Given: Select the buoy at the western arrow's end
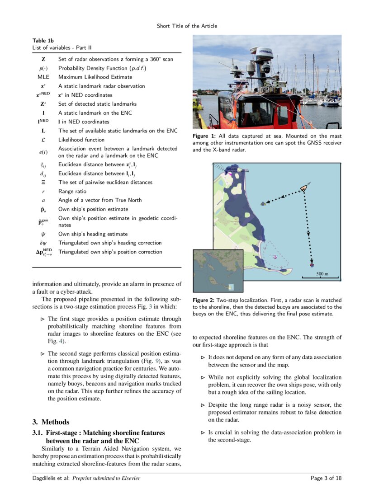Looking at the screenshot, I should (262, 203).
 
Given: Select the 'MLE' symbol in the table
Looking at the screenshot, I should (43, 77).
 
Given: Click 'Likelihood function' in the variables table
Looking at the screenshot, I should (81, 140).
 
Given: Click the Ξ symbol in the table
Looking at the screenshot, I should (43, 182).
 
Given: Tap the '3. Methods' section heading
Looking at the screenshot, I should (51, 422).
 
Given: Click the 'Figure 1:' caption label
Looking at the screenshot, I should (204, 136).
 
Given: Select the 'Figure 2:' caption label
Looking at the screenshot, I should (204, 300).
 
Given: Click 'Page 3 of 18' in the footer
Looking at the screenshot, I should (326, 478).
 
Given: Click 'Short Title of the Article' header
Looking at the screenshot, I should (187, 26).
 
